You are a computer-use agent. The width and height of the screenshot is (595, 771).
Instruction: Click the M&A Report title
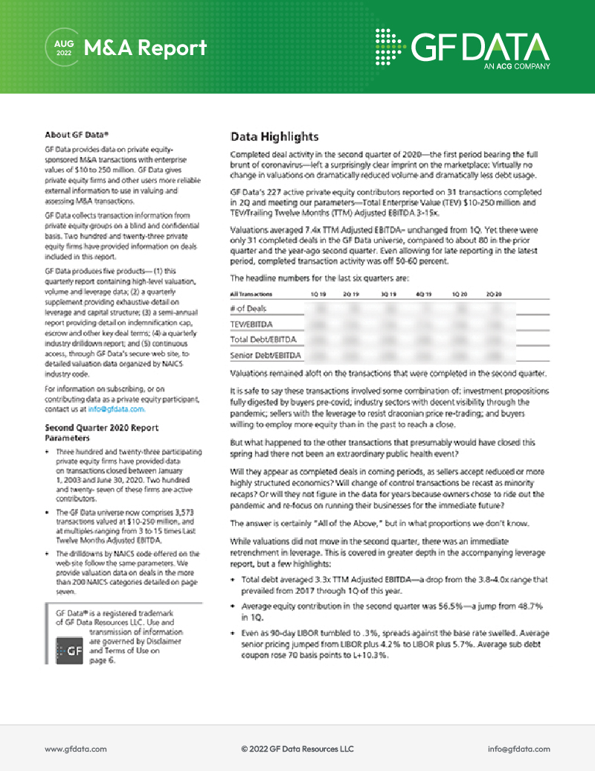pyautogui.click(x=145, y=48)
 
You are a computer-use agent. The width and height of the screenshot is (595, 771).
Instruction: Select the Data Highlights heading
pyautogui.click(x=274, y=137)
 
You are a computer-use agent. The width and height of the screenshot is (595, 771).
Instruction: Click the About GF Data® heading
pyautogui.click(x=77, y=135)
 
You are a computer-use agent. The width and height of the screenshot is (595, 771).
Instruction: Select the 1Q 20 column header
pyautogui.click(x=460, y=295)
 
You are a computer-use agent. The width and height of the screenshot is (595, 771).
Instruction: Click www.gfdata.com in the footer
pyautogui.click(x=76, y=748)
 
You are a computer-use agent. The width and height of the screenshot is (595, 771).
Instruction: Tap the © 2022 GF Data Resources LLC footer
pyautogui.click(x=297, y=748)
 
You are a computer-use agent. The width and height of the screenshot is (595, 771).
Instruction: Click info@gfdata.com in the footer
pyautogui.click(x=518, y=748)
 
